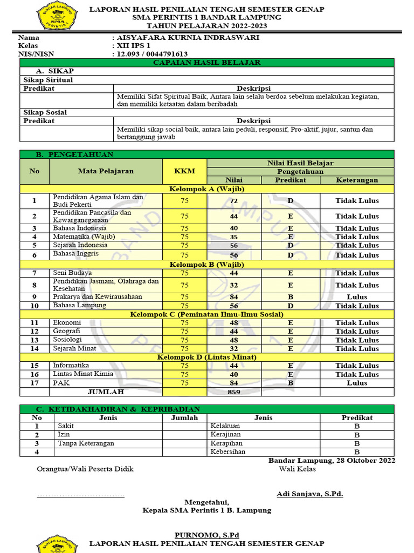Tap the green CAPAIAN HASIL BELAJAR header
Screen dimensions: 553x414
click(207, 63)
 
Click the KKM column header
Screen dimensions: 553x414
click(184, 171)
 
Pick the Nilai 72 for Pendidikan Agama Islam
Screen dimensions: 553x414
click(234, 201)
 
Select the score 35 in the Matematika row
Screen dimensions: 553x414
click(234, 237)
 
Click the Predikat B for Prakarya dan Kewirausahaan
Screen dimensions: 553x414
click(290, 297)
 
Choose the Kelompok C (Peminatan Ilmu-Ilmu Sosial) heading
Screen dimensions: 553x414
click(207, 314)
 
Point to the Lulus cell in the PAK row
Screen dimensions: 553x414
click(357, 383)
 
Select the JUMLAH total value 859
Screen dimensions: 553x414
click(234, 392)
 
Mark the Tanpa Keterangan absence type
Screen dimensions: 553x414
click(86, 443)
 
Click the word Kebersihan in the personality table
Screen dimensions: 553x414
click(227, 451)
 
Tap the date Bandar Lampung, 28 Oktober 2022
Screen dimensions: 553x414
click(332, 461)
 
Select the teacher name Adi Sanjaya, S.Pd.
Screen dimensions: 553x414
click(309, 494)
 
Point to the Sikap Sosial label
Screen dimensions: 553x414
click(45, 112)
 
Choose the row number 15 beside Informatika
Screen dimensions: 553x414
click(34, 366)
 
